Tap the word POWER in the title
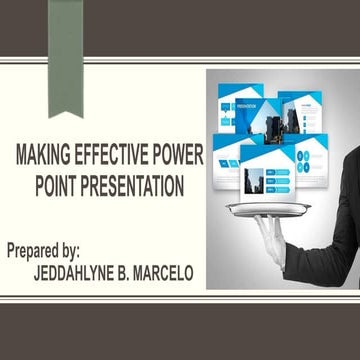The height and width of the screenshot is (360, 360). [178, 157]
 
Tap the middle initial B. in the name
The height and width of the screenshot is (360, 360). [140, 271]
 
